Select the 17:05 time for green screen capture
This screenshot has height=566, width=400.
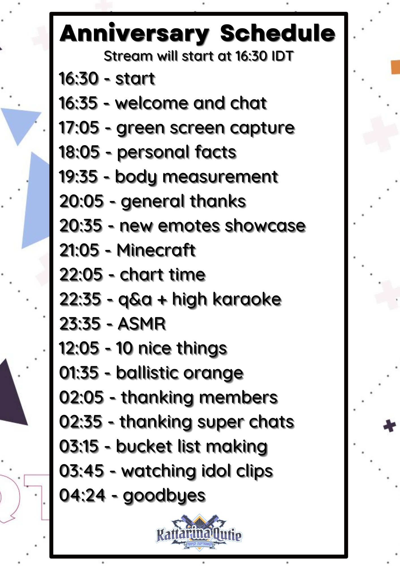click(x=79, y=128)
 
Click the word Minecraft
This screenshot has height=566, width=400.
click(x=156, y=250)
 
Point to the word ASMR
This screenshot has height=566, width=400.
click(x=142, y=324)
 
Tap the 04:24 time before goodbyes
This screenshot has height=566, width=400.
click(x=82, y=496)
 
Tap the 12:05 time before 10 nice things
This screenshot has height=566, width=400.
click(x=79, y=348)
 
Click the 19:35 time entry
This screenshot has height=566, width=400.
click(x=78, y=177)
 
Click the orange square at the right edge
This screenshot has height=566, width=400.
click(x=395, y=67)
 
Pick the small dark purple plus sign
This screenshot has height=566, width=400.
click(x=390, y=426)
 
